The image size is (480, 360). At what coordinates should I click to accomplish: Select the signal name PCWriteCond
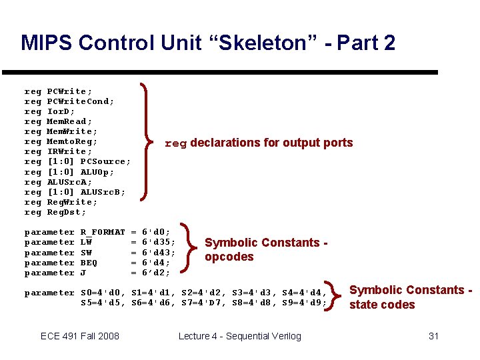click(80, 101)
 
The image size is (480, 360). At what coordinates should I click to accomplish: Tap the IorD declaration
click(61, 111)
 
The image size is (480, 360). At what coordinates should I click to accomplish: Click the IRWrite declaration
click(69, 151)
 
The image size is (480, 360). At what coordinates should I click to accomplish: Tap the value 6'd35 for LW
click(159, 242)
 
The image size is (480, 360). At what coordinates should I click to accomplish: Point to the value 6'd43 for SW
click(159, 253)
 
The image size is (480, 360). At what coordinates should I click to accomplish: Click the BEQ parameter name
click(88, 263)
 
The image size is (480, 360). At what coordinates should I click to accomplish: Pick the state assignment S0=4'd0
click(103, 293)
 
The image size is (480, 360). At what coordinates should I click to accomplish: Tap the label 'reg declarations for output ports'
click(259, 143)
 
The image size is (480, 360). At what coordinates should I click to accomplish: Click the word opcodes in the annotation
click(229, 257)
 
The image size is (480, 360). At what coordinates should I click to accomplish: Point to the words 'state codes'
click(382, 305)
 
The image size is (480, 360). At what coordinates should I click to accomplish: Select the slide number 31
click(433, 336)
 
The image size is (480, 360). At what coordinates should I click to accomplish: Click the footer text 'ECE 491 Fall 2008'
click(80, 336)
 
